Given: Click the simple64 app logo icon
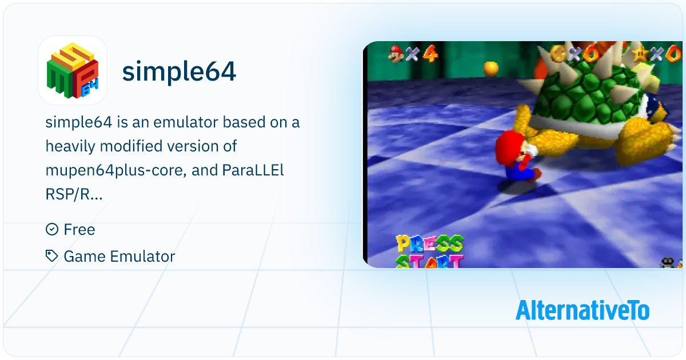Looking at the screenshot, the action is [x=73, y=70].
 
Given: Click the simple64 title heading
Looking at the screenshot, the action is [x=179, y=71].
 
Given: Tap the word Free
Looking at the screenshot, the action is [x=79, y=229].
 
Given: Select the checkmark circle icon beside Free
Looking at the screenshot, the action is [x=52, y=229].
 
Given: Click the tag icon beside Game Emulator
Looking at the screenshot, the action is [x=52, y=256].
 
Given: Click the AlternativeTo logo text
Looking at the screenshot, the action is [x=583, y=310].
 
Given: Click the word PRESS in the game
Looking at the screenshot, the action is [x=430, y=244].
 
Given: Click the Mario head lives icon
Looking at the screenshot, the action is [x=396, y=54].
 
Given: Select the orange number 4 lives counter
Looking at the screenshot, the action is [x=430, y=54].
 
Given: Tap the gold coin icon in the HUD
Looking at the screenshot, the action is [x=558, y=54].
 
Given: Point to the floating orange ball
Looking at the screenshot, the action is [x=490, y=68].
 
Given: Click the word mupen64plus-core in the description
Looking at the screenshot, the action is [x=115, y=170].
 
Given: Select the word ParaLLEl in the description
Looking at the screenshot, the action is [x=253, y=170].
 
